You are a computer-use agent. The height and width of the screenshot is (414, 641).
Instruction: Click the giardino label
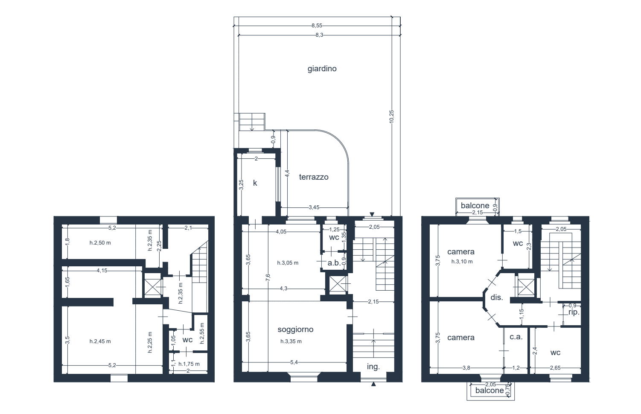coord(322,69)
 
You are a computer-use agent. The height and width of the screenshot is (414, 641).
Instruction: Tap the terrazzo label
coord(314,177)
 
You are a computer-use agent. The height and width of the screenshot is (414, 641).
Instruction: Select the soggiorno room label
coord(295,329)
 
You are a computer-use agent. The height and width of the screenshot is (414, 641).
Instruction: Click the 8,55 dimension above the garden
coord(317,26)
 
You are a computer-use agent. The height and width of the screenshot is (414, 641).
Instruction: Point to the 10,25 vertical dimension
coord(391,117)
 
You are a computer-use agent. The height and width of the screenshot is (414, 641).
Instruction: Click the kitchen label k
coord(255,183)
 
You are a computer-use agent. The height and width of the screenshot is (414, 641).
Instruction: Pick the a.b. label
coord(334,263)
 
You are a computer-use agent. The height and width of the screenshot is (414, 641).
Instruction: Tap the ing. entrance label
coord(373,367)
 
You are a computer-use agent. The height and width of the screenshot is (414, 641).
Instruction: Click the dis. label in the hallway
coord(497,297)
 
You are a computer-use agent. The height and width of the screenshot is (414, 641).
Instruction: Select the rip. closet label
coord(574,312)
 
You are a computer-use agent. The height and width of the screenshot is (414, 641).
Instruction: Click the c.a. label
coord(516,337)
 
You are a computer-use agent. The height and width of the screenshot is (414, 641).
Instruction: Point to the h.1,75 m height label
coord(189,364)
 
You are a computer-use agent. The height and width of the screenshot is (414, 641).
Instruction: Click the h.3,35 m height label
coord(291,341)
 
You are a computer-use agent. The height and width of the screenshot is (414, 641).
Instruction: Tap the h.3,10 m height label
coord(462,262)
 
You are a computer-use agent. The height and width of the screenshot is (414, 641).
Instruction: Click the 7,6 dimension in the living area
coord(268,277)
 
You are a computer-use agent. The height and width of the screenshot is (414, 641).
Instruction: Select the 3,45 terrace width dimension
coord(314,207)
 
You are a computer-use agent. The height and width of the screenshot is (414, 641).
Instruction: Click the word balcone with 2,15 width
coord(475,205)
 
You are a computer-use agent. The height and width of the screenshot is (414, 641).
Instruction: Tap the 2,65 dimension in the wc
coord(555,368)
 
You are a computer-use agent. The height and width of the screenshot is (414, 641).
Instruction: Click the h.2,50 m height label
coord(100,242)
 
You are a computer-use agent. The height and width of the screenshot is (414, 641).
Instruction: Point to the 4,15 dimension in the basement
coord(102,270)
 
